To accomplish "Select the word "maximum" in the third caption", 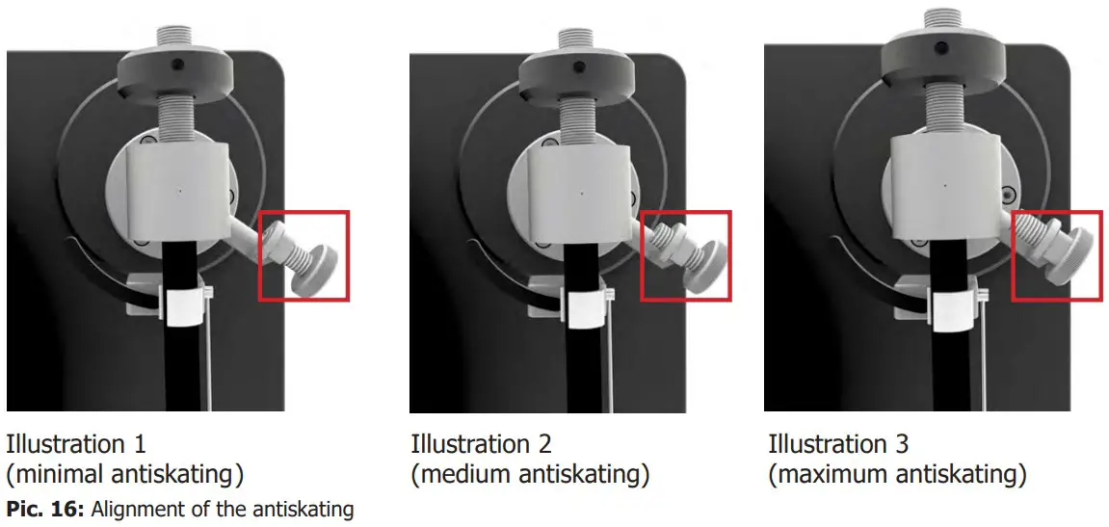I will [828, 475].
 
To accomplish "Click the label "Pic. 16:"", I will [44, 509].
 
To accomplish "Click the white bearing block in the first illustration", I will [180, 191].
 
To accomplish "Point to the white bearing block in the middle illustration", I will [581, 193].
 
